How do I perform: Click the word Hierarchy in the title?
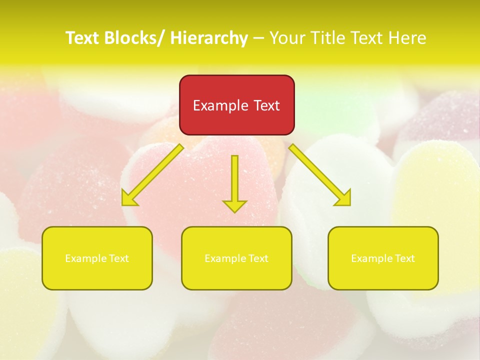(209, 38)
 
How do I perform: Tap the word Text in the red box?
(266, 105)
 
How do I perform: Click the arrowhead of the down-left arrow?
(128, 199)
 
